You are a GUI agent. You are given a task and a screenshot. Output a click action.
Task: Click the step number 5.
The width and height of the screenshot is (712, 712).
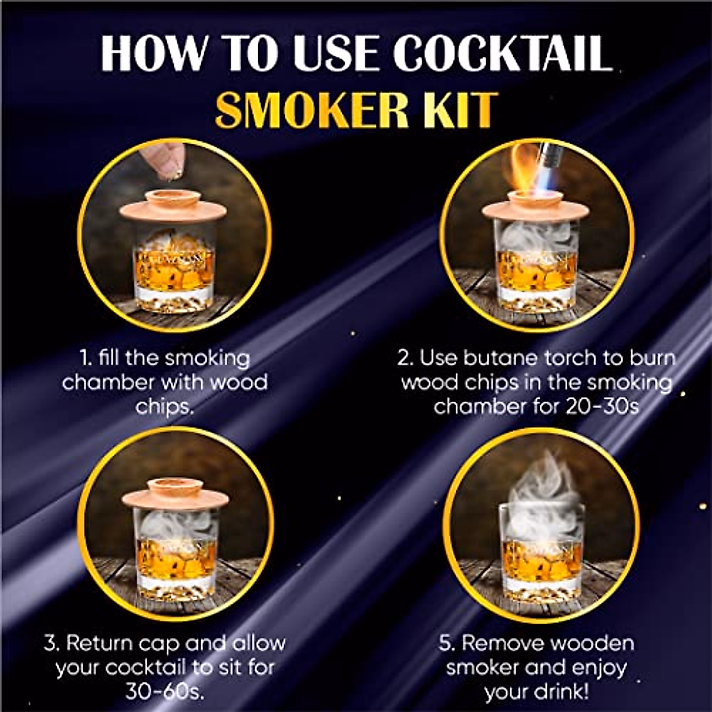click(x=447, y=643)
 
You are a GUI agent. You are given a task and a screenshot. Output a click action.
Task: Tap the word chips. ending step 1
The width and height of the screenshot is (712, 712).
click(x=164, y=406)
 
